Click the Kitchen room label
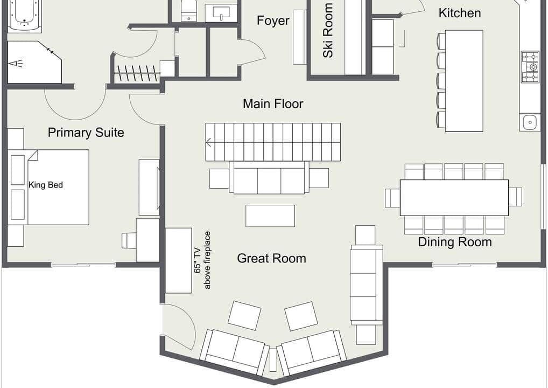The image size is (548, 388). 460,13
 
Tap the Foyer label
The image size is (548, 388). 273,20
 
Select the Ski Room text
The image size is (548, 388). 328,30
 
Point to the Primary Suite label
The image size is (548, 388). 86,133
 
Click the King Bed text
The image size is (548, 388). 46,185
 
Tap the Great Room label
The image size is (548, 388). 271,259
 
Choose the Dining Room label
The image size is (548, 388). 455,242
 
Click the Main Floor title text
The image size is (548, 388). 273,104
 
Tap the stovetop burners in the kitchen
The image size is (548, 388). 530,67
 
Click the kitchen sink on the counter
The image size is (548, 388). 530,122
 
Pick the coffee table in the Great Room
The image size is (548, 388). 270,216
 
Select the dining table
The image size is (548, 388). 454,198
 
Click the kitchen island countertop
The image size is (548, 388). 464,81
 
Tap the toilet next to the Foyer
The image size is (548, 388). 189,10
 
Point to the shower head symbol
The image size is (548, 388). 17,64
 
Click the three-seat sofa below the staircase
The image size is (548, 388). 269,177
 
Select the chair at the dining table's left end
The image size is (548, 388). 392,198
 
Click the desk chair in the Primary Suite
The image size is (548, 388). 129,240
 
